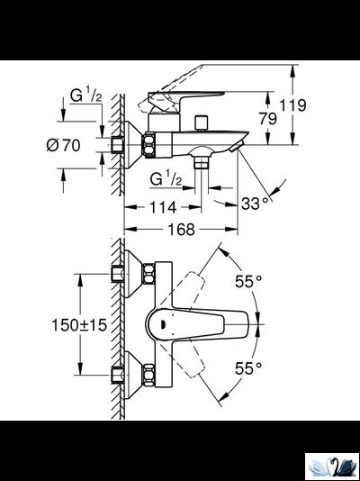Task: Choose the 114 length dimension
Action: point(162,206)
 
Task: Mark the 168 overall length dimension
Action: point(183,231)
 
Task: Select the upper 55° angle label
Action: point(249,282)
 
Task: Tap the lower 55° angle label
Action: point(249,368)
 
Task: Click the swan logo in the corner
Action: point(332,466)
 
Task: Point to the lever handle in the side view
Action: point(184,99)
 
